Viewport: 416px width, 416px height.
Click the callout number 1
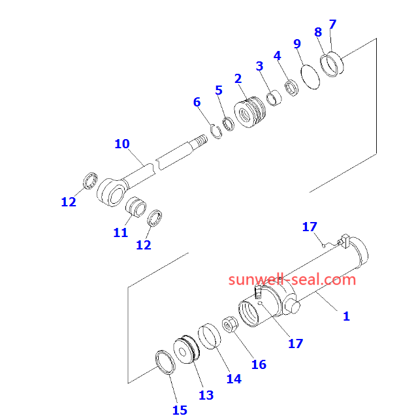(x=346, y=316)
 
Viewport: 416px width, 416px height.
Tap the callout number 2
(x=238, y=79)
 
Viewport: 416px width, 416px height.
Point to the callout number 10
(x=122, y=144)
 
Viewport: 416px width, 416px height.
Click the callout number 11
(x=120, y=232)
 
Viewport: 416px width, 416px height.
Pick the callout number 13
(x=206, y=394)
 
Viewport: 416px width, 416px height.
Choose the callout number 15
(x=180, y=409)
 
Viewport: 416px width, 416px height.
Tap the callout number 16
(x=259, y=364)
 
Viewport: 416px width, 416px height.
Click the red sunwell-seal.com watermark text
(x=293, y=280)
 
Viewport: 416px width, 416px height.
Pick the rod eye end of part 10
(x=110, y=191)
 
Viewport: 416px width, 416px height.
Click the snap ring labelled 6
(x=216, y=128)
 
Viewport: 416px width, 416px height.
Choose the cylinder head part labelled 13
(x=187, y=350)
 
